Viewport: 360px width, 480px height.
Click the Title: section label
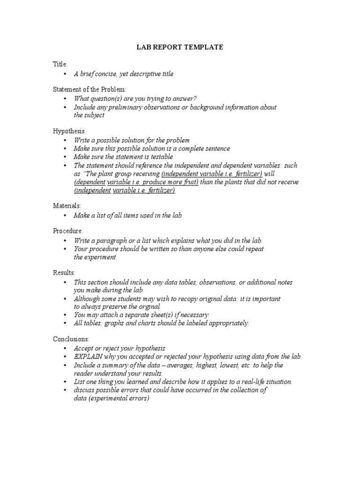[x=60, y=64]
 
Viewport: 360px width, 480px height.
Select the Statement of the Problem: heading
[x=90, y=89]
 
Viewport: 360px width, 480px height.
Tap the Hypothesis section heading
[x=68, y=131]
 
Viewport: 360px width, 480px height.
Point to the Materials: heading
[x=67, y=205]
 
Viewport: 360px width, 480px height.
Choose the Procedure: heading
[x=68, y=231]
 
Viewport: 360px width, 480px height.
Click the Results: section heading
[x=64, y=272]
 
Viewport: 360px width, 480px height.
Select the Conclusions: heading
[x=71, y=338]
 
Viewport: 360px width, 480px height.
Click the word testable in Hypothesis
[x=162, y=157]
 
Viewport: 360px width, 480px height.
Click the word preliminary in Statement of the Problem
[x=121, y=107]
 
